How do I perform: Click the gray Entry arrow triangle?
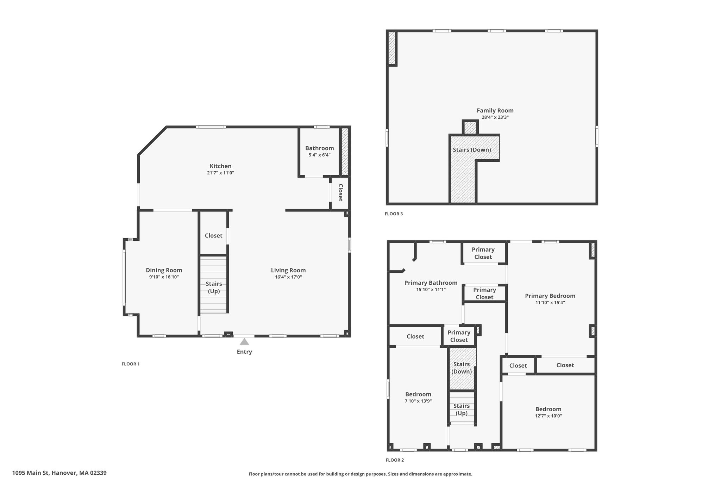(244, 341)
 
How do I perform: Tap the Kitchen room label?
(221, 166)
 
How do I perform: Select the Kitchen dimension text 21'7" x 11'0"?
(221, 173)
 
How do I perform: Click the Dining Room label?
(164, 270)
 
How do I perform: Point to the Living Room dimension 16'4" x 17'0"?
(288, 277)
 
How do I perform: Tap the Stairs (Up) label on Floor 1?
(214, 288)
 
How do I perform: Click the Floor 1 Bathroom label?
(320, 148)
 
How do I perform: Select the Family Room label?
(495, 111)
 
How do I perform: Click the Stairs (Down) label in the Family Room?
(472, 150)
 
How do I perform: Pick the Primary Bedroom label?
(550, 296)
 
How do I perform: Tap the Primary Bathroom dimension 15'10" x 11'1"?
(431, 290)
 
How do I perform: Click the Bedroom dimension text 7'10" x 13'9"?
(418, 401)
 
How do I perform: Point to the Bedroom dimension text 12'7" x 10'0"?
(548, 416)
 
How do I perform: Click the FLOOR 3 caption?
(394, 214)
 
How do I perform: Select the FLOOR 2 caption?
(395, 460)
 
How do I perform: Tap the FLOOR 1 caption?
(131, 364)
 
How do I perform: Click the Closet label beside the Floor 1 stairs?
(214, 235)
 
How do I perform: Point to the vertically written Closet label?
(340, 193)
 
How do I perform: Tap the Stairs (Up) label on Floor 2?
(462, 409)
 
